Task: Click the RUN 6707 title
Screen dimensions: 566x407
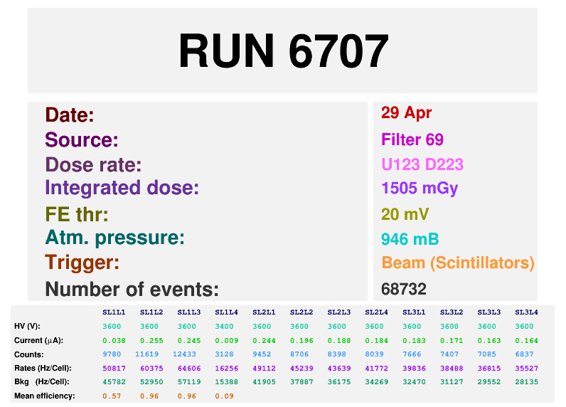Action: tap(284, 51)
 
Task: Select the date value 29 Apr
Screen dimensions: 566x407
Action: tap(406, 113)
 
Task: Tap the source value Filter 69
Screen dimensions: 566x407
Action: tap(412, 139)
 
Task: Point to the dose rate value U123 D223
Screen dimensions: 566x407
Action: tap(422, 164)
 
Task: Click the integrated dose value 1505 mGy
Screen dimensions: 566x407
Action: tap(420, 189)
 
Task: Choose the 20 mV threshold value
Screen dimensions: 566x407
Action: tap(405, 214)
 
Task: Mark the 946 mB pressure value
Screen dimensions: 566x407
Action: tap(410, 239)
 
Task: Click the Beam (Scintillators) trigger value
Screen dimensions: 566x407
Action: tap(458, 263)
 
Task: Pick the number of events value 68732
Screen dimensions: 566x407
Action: tap(404, 289)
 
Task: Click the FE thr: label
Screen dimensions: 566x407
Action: tap(77, 214)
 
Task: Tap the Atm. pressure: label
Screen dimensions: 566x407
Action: tap(114, 238)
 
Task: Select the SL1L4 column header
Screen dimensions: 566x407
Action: tap(226, 312)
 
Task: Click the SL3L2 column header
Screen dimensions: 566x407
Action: tap(452, 312)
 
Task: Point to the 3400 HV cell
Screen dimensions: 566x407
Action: tap(224, 327)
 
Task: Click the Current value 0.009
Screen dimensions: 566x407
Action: tap(227, 341)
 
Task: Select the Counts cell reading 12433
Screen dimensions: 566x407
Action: tap(184, 354)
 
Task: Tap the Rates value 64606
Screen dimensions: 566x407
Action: tap(189, 369)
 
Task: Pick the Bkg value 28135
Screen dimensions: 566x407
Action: tap(527, 381)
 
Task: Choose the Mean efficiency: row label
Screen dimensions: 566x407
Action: tap(44, 396)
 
